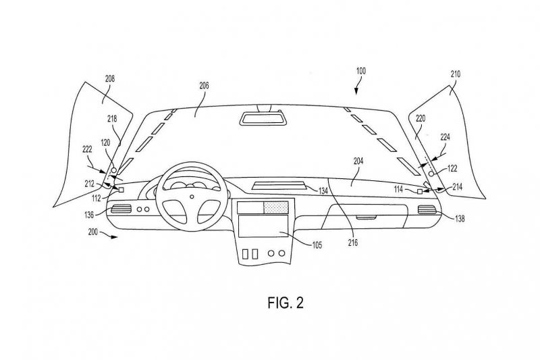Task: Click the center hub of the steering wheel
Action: click(191, 196)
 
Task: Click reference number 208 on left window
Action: click(109, 78)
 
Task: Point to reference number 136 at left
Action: click(89, 216)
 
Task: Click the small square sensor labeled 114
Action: click(419, 192)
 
